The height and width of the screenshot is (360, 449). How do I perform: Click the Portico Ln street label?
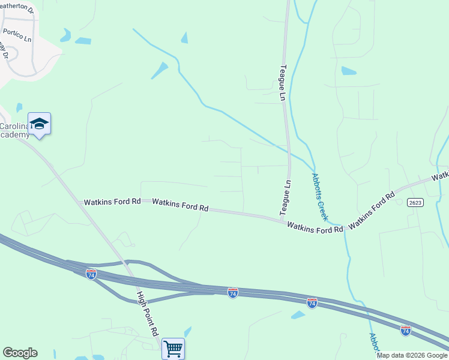(x=17, y=35)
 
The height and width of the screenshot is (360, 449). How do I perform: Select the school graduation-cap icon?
(x=39, y=124)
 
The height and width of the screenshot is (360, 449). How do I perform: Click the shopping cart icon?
(x=173, y=348)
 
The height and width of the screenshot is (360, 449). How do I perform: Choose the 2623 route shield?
(x=415, y=203)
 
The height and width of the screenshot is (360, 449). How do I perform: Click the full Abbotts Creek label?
(x=319, y=196)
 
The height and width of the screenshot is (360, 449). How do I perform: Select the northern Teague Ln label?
(x=283, y=83)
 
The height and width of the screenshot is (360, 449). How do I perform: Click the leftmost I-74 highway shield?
(x=91, y=274)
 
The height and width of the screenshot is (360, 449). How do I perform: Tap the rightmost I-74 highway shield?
(x=406, y=330)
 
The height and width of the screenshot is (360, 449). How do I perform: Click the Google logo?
(x=20, y=353)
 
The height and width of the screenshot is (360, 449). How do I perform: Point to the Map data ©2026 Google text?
(x=411, y=355)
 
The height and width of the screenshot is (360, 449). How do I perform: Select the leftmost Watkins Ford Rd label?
(x=112, y=202)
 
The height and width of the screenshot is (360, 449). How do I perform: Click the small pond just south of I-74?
(x=298, y=315)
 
